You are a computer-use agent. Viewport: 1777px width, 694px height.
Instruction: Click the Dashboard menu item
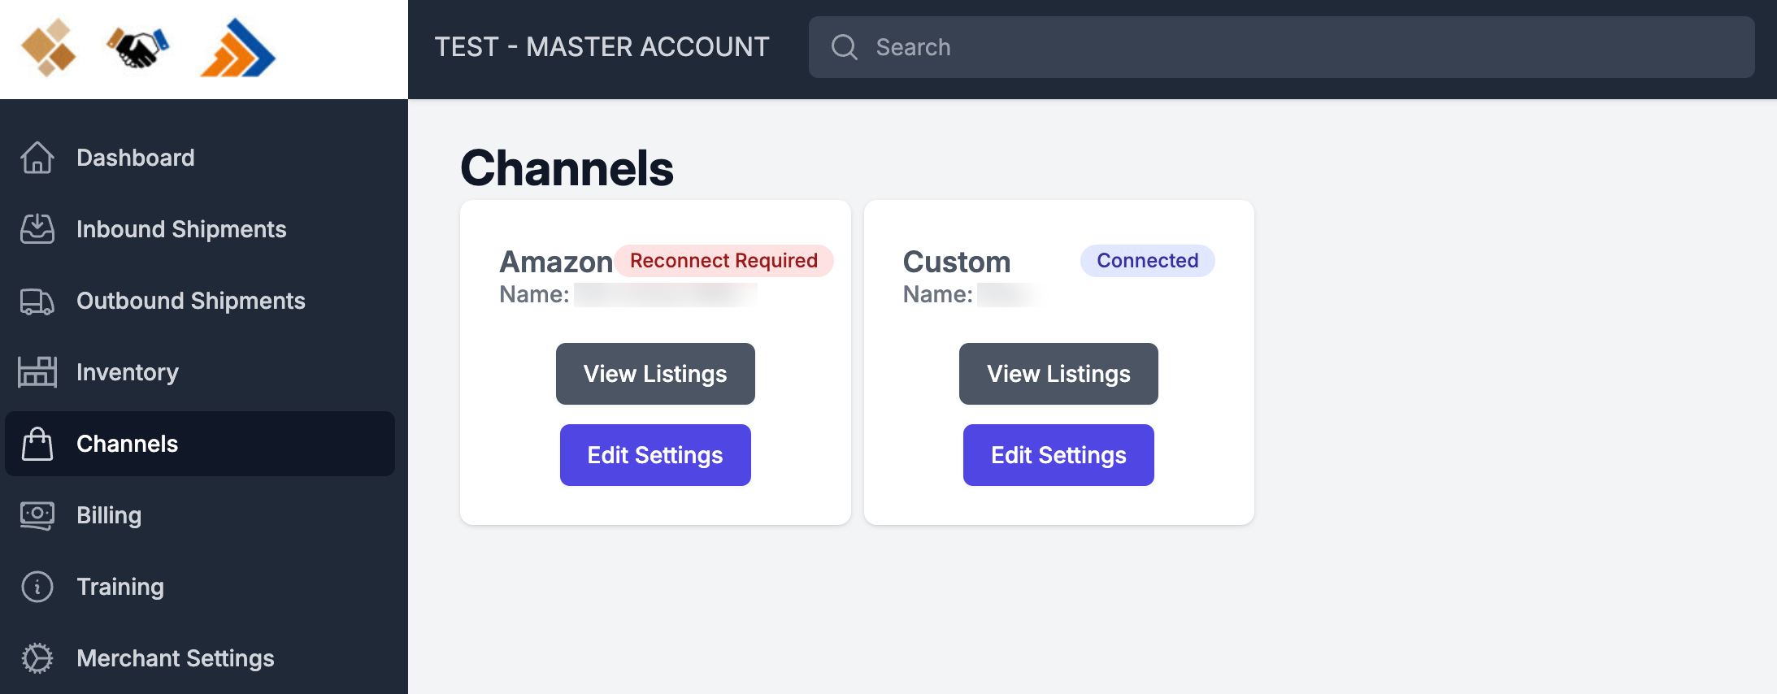(x=135, y=158)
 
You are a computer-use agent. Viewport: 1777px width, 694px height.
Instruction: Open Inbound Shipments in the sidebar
(x=180, y=229)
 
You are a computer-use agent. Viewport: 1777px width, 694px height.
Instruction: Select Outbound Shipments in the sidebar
(x=190, y=301)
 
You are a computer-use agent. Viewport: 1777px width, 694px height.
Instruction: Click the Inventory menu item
(x=127, y=372)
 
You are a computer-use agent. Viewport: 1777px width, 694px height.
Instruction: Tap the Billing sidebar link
(x=108, y=515)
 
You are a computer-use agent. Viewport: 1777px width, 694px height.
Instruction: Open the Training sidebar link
(x=119, y=587)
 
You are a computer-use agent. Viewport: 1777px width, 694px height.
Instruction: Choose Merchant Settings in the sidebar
(x=175, y=658)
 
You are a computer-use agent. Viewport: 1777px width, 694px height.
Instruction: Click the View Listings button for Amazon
(x=655, y=374)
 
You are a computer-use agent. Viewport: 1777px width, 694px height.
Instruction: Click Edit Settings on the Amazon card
(x=655, y=455)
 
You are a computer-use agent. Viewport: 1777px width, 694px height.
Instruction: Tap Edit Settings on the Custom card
(x=1058, y=455)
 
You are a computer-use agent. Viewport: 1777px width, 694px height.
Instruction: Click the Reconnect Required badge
(x=723, y=261)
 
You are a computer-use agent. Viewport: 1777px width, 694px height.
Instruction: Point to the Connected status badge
(x=1147, y=261)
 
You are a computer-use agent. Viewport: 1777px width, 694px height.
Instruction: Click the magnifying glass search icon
(x=845, y=47)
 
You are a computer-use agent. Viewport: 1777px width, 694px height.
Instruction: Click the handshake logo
(x=138, y=49)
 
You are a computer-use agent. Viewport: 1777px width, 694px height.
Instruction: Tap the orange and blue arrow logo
(x=238, y=49)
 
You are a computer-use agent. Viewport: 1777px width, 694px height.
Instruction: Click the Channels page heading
(x=567, y=168)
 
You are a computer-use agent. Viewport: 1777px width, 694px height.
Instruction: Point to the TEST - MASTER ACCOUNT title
(x=602, y=47)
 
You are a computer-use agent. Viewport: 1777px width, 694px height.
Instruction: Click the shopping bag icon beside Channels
(x=37, y=444)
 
